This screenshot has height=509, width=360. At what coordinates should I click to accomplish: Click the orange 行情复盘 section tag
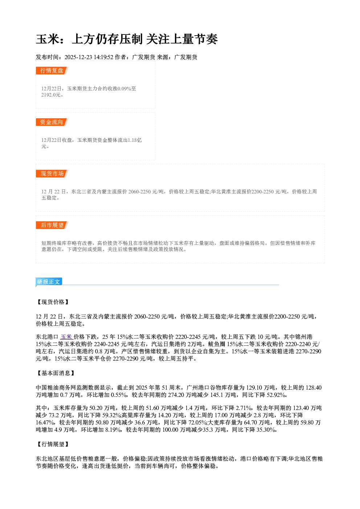click(x=52, y=70)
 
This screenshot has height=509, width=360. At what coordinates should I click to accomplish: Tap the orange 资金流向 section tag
click(x=52, y=122)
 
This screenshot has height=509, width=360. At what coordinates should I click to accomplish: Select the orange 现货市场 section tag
click(x=52, y=174)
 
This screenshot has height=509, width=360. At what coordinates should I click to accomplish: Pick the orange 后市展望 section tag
click(x=52, y=225)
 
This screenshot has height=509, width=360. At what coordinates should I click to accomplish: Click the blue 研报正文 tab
click(x=49, y=282)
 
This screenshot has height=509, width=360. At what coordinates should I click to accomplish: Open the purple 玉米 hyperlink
click(x=66, y=337)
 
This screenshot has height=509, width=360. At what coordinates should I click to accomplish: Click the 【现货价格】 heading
click(x=53, y=302)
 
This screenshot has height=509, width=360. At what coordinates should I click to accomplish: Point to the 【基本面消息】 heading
click(x=56, y=373)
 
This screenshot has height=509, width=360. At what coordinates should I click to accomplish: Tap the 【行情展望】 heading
click(x=53, y=444)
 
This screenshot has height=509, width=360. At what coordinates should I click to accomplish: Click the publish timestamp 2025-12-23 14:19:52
click(x=89, y=57)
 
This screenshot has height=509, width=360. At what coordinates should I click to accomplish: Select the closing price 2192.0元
click(x=51, y=95)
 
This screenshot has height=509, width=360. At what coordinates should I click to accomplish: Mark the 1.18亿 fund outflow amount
click(x=135, y=140)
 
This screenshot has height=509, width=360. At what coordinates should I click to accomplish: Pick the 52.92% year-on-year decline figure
click(x=276, y=395)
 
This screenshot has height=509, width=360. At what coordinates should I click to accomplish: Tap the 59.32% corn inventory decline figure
click(x=111, y=415)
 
